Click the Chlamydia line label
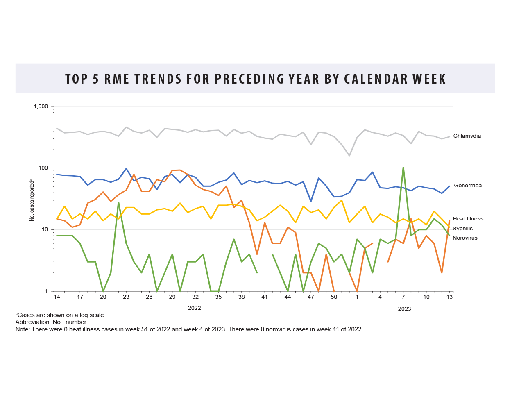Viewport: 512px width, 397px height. click(x=467, y=136)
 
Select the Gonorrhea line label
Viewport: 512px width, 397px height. click(x=468, y=186)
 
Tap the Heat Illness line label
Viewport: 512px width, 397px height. click(x=468, y=219)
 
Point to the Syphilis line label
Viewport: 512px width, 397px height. click(x=462, y=229)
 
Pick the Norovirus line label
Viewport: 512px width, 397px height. click(x=465, y=238)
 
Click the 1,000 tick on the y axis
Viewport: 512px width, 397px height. click(x=41, y=107)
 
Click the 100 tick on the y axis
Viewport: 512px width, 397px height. click(x=43, y=168)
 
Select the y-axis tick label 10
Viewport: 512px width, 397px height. click(x=44, y=229)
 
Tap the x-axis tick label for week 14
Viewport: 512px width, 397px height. click(x=57, y=297)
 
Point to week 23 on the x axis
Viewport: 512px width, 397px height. click(x=126, y=297)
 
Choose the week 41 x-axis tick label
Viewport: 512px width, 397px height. click(x=265, y=297)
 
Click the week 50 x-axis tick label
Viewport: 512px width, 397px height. click(x=334, y=297)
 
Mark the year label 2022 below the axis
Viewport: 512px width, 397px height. click(x=194, y=308)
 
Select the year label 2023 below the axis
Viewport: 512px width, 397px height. click(x=404, y=309)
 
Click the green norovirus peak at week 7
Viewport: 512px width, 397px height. click(x=403, y=168)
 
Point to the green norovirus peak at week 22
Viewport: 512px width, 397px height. click(x=118, y=202)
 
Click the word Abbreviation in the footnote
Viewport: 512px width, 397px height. click(x=32, y=322)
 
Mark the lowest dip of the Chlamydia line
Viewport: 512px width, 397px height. click(x=349, y=155)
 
